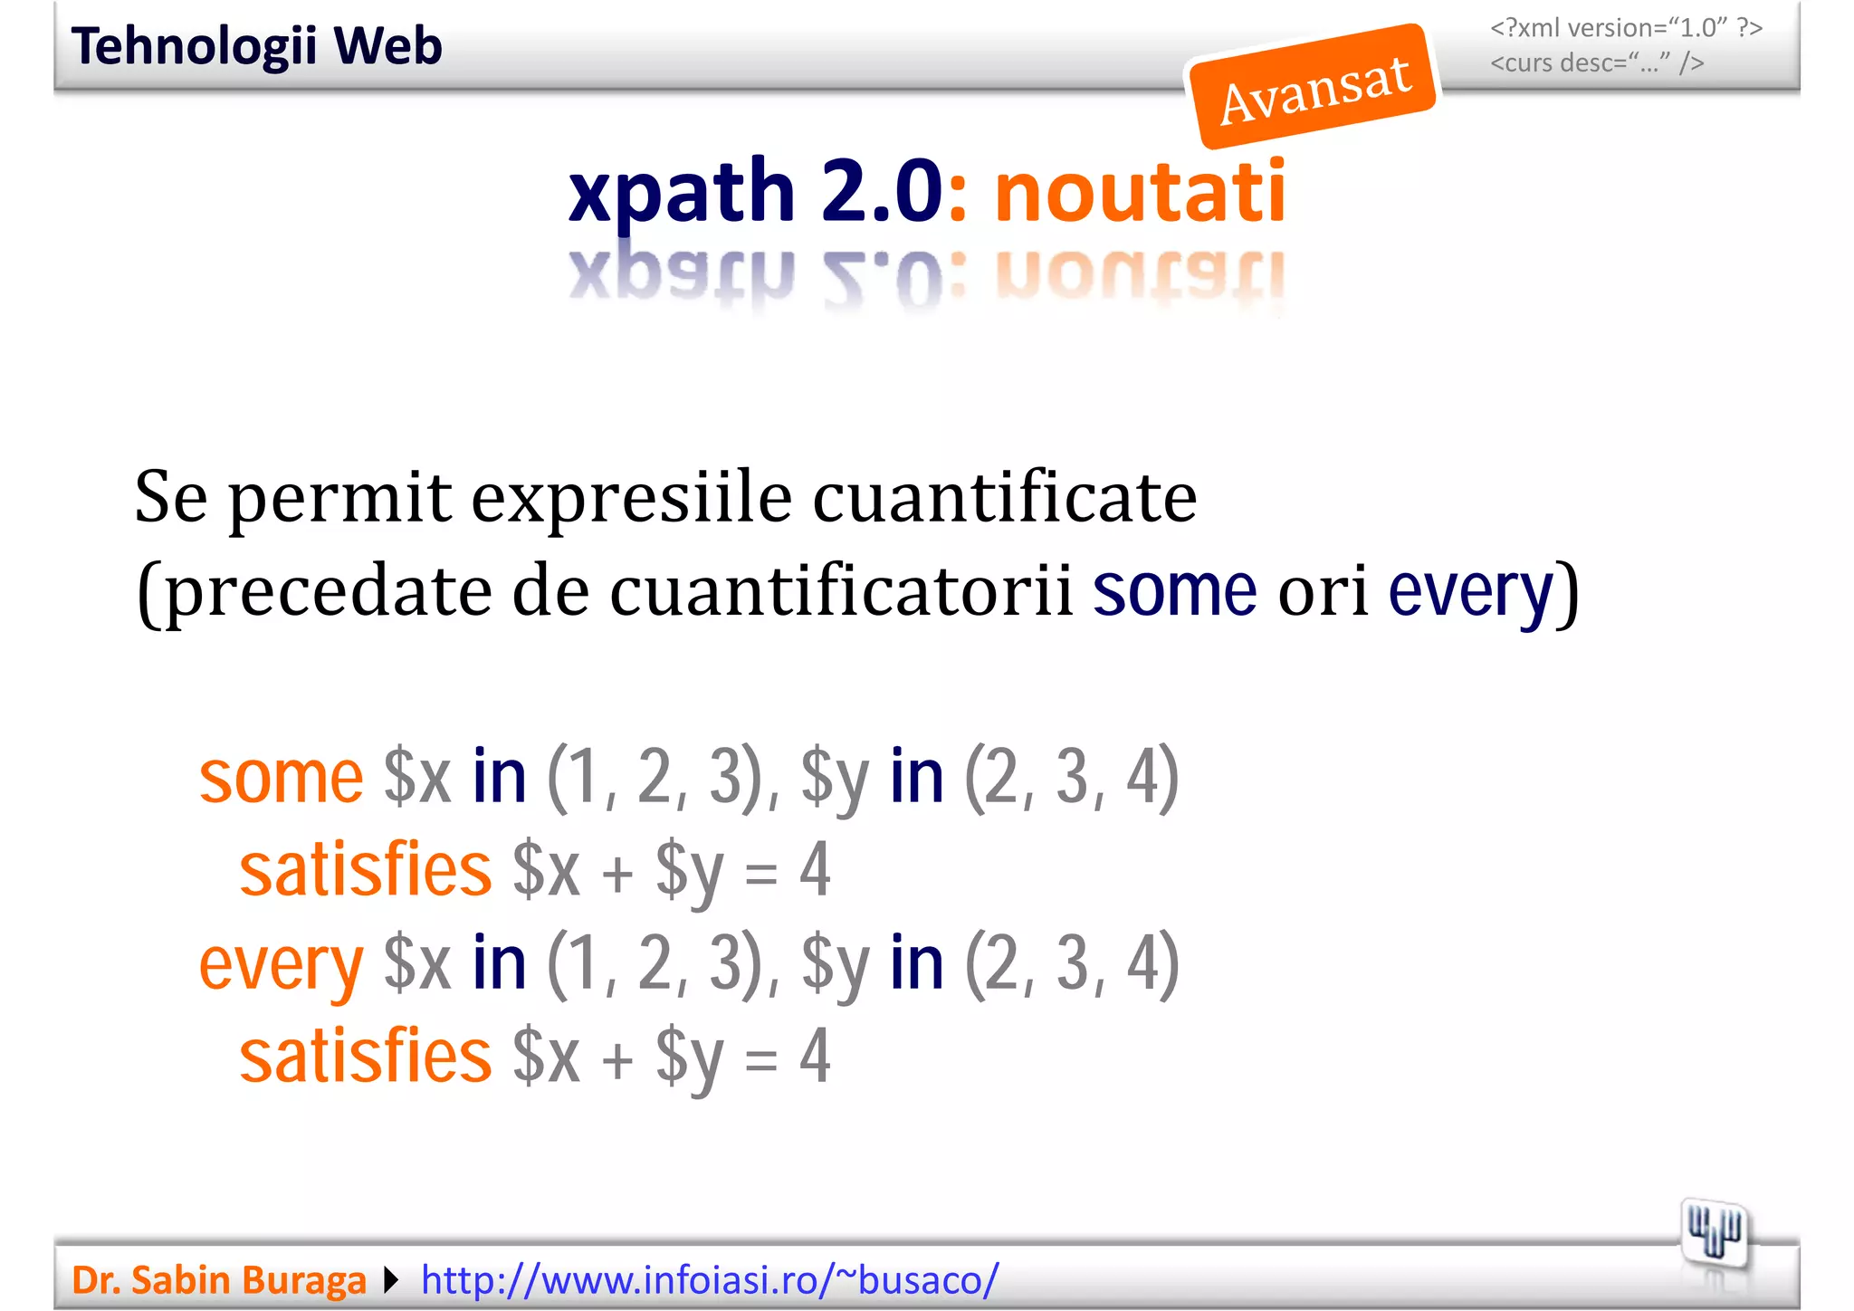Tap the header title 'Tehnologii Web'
tap(256, 46)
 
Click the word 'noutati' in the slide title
tap(1140, 192)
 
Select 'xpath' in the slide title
tap(681, 192)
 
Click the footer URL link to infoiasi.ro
tap(710, 1280)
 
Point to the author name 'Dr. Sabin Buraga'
tap(219, 1280)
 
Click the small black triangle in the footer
tap(391, 1280)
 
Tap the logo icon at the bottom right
tap(1714, 1233)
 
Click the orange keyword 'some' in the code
tap(281, 778)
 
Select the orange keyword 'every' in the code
tap(281, 965)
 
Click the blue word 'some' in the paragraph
tap(1174, 591)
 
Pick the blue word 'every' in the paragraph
tap(1471, 591)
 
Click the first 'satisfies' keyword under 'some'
tap(365, 870)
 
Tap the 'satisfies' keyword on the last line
tap(365, 1057)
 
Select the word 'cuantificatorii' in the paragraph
tap(841, 591)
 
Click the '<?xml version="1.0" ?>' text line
tap(1626, 28)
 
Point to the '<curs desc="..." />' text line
tap(1597, 63)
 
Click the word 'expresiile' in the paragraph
tap(632, 499)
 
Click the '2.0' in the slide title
tap(883, 192)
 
